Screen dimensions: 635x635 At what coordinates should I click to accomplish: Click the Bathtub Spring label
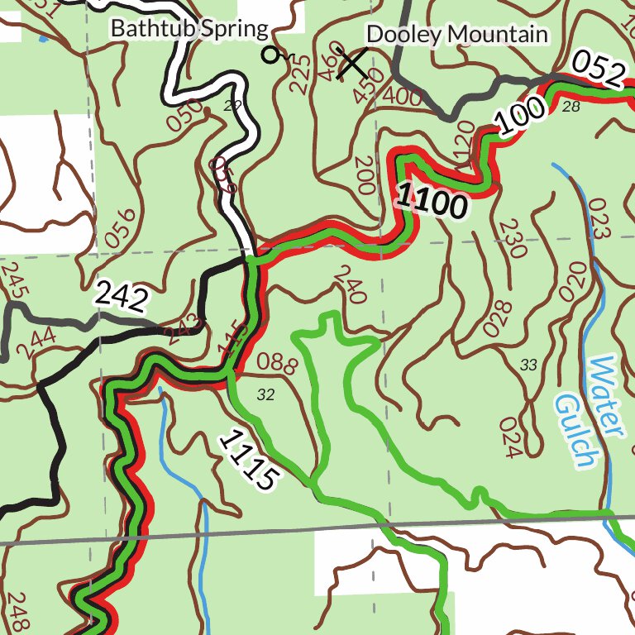pyautogui.click(x=190, y=29)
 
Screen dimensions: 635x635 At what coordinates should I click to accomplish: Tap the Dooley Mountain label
pyautogui.click(x=456, y=34)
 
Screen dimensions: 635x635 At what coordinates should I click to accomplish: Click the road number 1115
pyautogui.click(x=246, y=461)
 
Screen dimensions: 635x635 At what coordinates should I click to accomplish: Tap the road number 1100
pyautogui.click(x=431, y=202)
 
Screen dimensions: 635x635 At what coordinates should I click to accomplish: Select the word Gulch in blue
pyautogui.click(x=576, y=431)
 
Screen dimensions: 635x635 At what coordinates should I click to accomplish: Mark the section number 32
pyautogui.click(x=265, y=395)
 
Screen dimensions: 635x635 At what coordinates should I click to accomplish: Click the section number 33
pyautogui.click(x=529, y=365)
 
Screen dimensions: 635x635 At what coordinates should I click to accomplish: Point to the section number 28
pyautogui.click(x=571, y=107)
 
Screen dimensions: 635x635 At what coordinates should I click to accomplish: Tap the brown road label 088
pyautogui.click(x=277, y=362)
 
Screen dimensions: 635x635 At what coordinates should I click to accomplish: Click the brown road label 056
pyautogui.click(x=121, y=227)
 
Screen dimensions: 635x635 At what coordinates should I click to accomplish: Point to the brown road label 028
pyautogui.click(x=498, y=317)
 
